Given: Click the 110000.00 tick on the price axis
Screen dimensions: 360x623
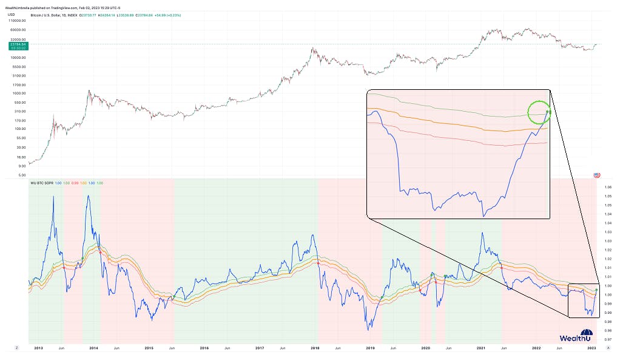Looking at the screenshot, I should click(18, 20).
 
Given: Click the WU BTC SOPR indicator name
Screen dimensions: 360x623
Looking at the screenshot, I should click(42, 182).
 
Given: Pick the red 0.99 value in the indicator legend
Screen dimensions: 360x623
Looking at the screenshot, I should click(75, 182).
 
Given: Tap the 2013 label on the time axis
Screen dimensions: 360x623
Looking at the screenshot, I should click(38, 348).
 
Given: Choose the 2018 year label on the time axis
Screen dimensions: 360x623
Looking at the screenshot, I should click(315, 348).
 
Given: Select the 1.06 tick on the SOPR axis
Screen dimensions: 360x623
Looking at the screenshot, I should click(608, 187).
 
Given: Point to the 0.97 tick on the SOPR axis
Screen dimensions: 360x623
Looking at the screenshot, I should click(608, 339).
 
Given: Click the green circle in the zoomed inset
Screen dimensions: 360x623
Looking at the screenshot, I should click(538, 112).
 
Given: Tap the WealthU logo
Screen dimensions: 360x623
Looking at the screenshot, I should click(576, 336).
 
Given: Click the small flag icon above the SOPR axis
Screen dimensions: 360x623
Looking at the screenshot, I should click(596, 175).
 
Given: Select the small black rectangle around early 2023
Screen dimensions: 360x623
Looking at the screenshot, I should click(584, 300).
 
